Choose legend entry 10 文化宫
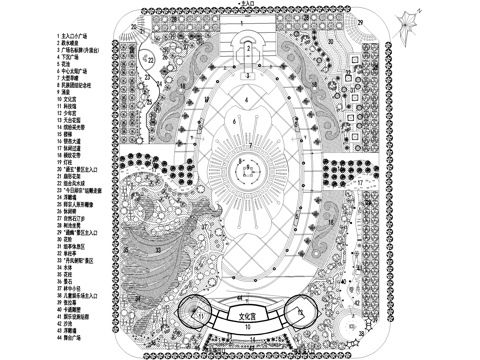(x=71, y=100)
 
